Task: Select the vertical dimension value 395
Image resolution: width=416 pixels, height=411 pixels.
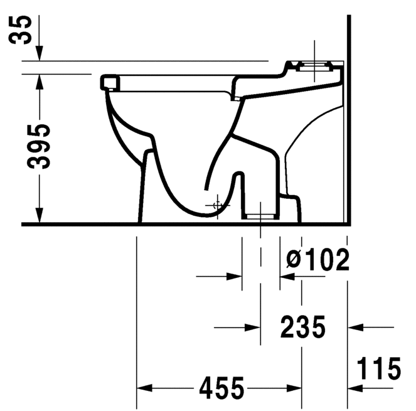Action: tap(40, 147)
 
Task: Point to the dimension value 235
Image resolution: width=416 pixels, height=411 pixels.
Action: tap(302, 327)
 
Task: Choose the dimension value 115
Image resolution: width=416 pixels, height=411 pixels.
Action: tap(380, 368)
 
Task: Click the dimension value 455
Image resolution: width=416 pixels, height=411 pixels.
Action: tap(221, 389)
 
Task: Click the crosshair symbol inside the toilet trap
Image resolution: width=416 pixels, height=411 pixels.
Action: tap(217, 205)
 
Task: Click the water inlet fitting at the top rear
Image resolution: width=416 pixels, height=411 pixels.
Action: tap(314, 65)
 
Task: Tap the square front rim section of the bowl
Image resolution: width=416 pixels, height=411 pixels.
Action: tap(110, 81)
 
